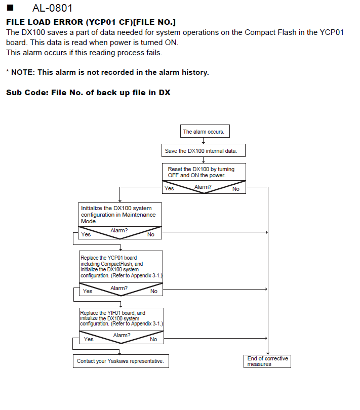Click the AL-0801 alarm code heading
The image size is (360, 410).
tap(52, 8)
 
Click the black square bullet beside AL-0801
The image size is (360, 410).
tap(10, 8)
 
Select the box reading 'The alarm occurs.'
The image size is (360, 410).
tap(205, 131)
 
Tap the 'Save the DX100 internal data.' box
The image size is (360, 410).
tap(204, 151)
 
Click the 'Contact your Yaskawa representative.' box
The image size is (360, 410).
tap(121, 361)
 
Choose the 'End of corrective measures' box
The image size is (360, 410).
tap(267, 361)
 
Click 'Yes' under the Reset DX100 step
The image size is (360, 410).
tap(169, 188)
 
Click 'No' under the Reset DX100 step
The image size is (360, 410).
tap(236, 189)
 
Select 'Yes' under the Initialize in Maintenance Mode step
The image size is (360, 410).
tap(86, 234)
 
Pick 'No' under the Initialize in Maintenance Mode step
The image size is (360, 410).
tap(151, 234)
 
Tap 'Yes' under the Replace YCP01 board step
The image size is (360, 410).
tap(88, 291)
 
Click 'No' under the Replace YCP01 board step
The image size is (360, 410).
tap(154, 291)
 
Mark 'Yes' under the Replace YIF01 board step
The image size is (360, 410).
tap(89, 339)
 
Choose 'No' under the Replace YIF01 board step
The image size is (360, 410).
tap(153, 339)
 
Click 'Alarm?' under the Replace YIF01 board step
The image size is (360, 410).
tap(122, 335)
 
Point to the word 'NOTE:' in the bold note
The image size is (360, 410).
tap(23, 72)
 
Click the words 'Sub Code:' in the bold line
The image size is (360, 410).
tap(27, 93)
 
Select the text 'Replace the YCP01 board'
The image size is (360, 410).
tap(108, 258)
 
